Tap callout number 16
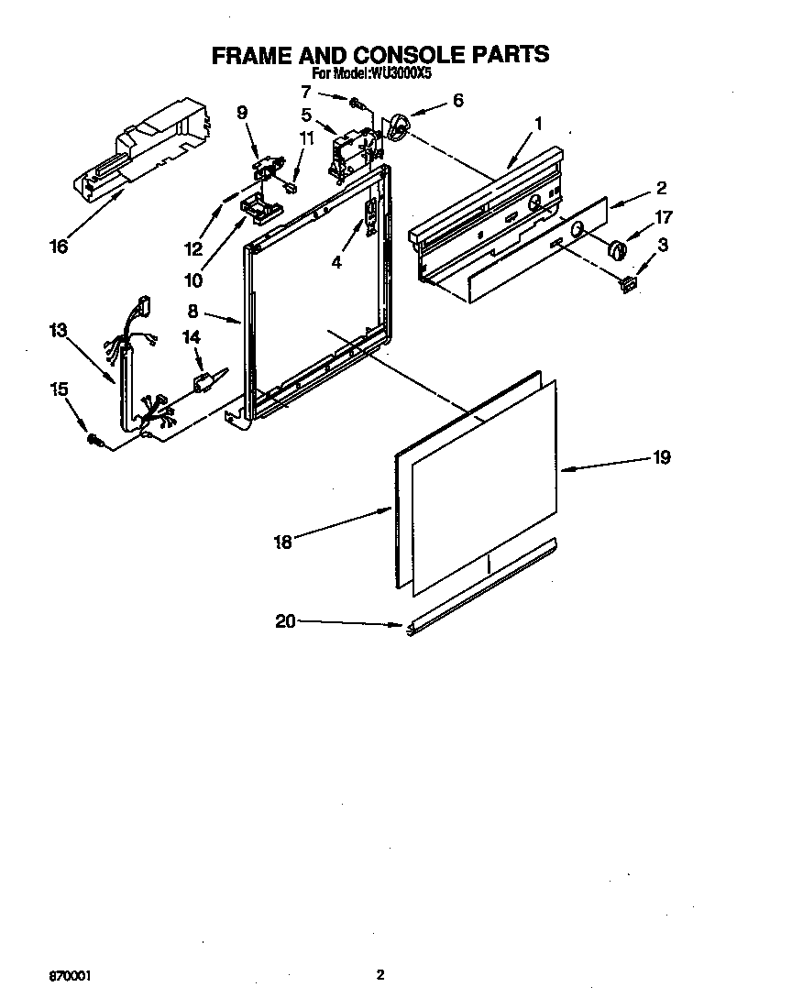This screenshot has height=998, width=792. pos(59,247)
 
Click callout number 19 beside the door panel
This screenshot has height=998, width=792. pos(661,457)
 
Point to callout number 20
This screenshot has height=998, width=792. pos(285,621)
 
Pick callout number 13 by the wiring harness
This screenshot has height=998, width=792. pos(59,331)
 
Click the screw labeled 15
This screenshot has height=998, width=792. pos(94,442)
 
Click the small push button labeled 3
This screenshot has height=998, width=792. pos(628,283)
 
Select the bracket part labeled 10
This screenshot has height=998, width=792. pos(258,209)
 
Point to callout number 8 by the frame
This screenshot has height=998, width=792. pos(192,311)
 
